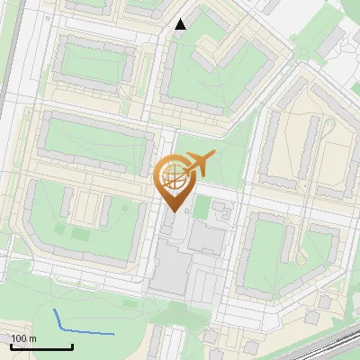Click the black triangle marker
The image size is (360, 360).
coord(181,24)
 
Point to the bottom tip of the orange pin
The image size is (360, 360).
coord(172,212)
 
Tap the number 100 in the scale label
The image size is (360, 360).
coord(20,338)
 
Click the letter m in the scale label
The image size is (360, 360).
coord(33,338)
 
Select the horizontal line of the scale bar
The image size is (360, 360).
coord(41,347)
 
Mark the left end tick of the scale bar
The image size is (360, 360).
coord(12,346)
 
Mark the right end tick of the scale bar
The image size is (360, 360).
coord(72,346)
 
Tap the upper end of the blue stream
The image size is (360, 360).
coord(56,310)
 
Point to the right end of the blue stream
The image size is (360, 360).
coord(114,334)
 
